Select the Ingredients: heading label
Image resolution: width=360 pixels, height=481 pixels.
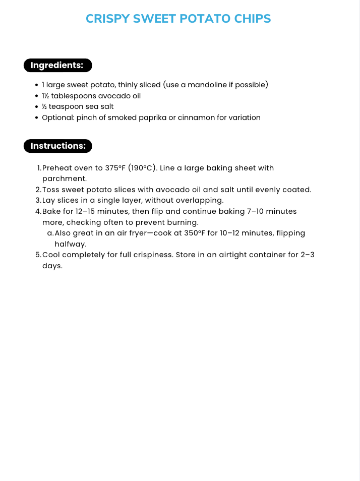point(57,65)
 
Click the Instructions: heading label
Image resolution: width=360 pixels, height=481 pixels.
point(58,146)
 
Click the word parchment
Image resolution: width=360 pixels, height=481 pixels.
point(65,178)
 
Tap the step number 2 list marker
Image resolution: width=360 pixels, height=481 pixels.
point(38,190)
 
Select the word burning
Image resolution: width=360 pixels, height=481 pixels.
point(183,222)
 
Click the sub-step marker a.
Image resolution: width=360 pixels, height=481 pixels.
point(50,233)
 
